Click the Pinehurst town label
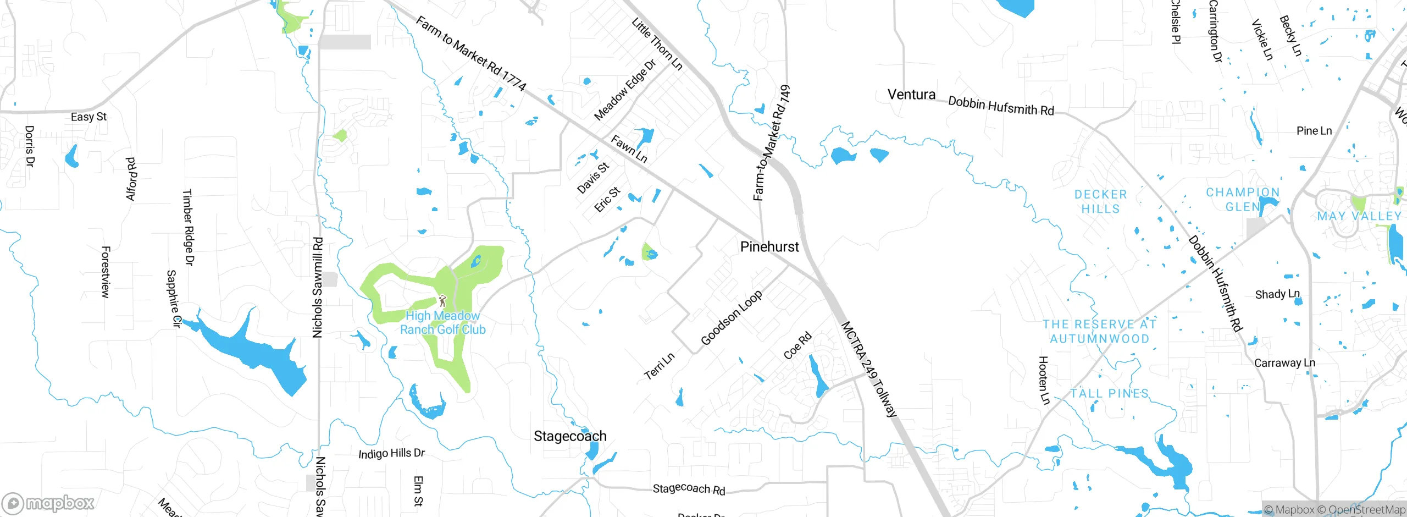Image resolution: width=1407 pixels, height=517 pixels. click(x=769, y=247)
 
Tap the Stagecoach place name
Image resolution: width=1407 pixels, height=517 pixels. click(x=570, y=436)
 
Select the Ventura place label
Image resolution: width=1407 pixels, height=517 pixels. click(x=911, y=95)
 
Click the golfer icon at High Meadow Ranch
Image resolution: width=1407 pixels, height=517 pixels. click(x=442, y=301)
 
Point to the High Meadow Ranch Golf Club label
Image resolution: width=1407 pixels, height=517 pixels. click(x=442, y=323)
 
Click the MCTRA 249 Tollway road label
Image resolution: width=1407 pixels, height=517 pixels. click(x=869, y=370)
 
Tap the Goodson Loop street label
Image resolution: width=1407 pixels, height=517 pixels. click(x=732, y=318)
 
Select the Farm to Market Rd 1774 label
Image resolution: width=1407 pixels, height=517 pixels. click(x=471, y=53)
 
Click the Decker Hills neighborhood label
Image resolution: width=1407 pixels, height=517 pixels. click(x=1100, y=201)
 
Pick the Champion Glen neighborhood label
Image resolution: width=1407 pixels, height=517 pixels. click(x=1243, y=199)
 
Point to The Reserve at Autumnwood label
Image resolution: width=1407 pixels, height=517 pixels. click(x=1099, y=332)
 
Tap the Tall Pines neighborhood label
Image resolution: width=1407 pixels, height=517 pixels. click(x=1109, y=394)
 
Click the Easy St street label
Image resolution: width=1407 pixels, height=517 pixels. click(x=88, y=117)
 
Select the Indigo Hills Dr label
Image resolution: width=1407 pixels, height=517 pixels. click(x=391, y=453)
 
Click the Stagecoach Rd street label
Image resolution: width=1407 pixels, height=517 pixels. click(x=689, y=488)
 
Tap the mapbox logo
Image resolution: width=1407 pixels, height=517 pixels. click(x=48, y=503)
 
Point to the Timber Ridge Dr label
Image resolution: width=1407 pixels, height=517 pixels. click(x=188, y=228)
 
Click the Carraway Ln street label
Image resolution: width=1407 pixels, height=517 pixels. click(x=1284, y=363)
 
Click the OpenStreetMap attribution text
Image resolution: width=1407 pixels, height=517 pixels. click(x=1366, y=510)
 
